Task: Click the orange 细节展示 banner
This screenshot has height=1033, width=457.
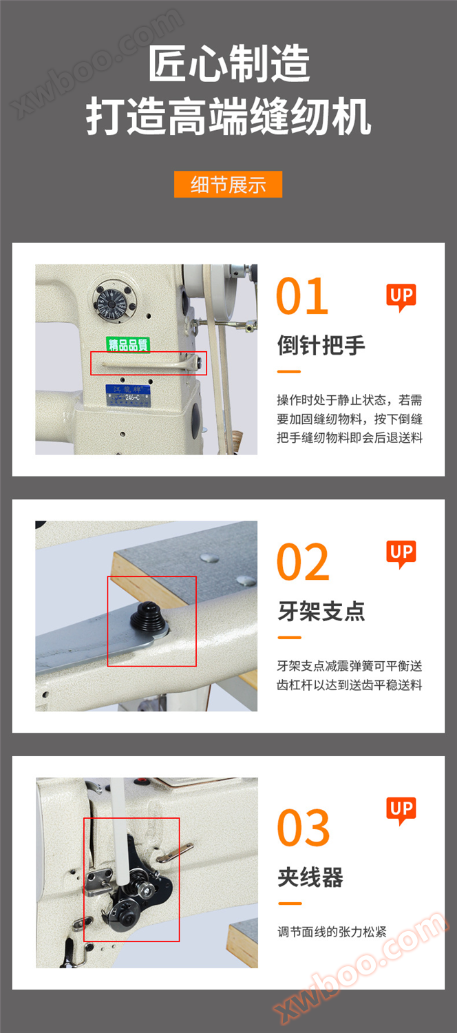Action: pos(228,185)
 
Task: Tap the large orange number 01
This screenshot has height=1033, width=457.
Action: pos(302,296)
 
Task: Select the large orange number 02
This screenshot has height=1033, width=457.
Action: pos(303,562)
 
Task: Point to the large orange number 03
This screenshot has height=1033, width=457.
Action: pos(304,828)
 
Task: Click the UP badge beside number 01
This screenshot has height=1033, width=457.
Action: pos(401,297)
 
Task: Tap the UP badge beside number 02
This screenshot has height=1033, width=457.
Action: pos(401,554)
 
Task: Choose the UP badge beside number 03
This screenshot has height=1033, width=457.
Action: pos(401,811)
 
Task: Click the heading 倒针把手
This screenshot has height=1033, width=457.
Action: pos(321,346)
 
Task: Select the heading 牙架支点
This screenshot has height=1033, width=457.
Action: pos(321,612)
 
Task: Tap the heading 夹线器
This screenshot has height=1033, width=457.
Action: pos(310,877)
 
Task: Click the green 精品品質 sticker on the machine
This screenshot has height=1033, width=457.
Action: pos(128,344)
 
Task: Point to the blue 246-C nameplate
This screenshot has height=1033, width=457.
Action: pos(128,396)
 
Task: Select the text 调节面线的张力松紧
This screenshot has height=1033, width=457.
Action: pos(332,932)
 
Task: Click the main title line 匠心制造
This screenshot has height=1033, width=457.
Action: pos(228,63)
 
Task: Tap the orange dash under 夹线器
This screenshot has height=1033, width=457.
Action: pos(290,904)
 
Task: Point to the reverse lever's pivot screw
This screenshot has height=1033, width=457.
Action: pos(198,363)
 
